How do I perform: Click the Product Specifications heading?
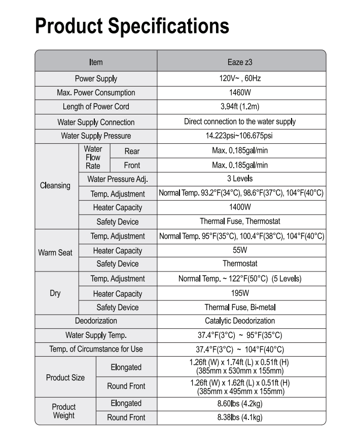pos(132,26)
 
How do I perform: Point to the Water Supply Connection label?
pos(96,122)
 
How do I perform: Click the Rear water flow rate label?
pos(132,151)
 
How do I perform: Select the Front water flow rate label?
pos(132,165)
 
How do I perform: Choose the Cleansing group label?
pos(55,185)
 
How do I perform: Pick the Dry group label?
pos(55,293)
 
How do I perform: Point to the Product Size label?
pos(65,378)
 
